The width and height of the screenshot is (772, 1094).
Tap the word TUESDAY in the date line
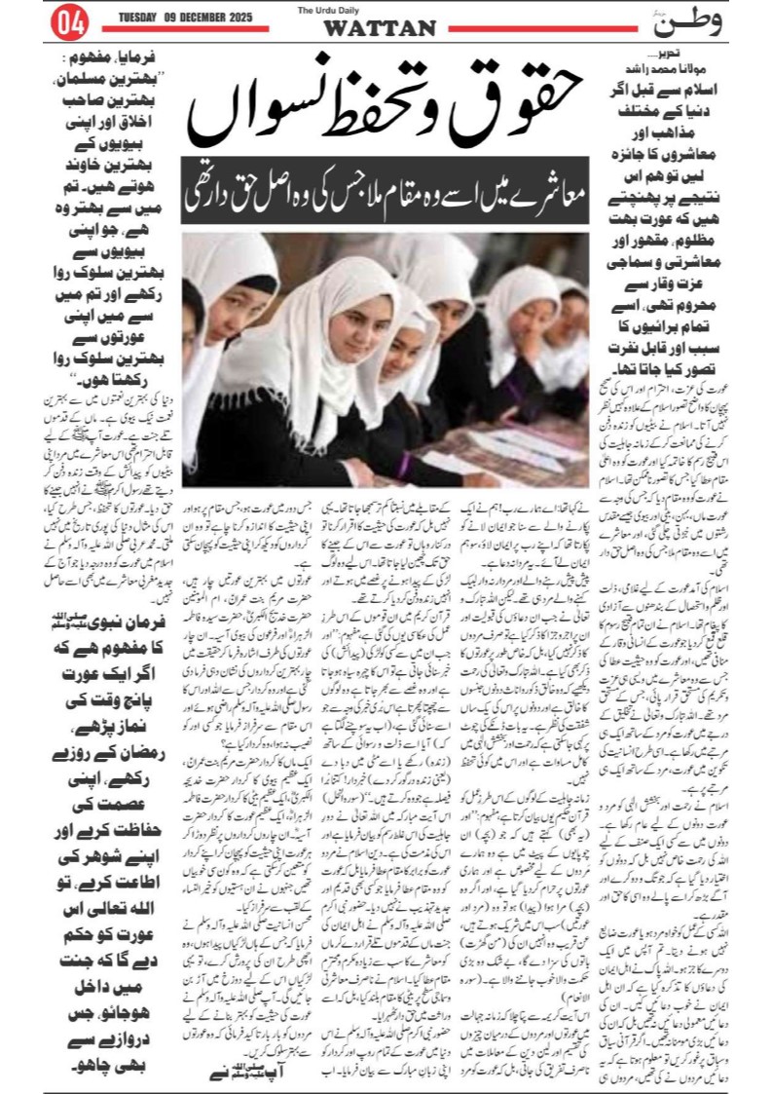[x=142, y=17]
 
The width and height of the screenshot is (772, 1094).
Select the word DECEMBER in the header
[x=209, y=17]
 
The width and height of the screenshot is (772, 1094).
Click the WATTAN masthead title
[x=380, y=29]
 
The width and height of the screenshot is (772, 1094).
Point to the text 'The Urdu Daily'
[x=379, y=10]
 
